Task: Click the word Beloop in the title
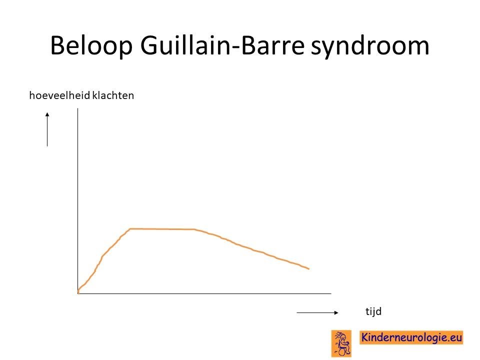click(x=91, y=46)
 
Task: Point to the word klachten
click(x=113, y=95)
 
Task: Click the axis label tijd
click(x=373, y=311)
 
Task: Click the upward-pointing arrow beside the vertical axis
click(x=47, y=129)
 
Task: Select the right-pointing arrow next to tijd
click(x=317, y=312)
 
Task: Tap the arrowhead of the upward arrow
click(x=47, y=114)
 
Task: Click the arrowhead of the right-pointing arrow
click(x=336, y=312)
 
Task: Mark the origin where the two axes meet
click(x=78, y=293)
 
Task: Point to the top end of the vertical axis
click(x=78, y=108)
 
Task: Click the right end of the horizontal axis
click(x=331, y=293)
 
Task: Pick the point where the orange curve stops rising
click(x=130, y=228)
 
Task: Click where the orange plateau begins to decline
click(x=194, y=229)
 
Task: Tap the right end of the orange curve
click(x=309, y=269)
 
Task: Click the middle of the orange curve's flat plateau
click(x=162, y=229)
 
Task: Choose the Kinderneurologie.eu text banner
click(x=411, y=337)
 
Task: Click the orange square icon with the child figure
click(x=341, y=343)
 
